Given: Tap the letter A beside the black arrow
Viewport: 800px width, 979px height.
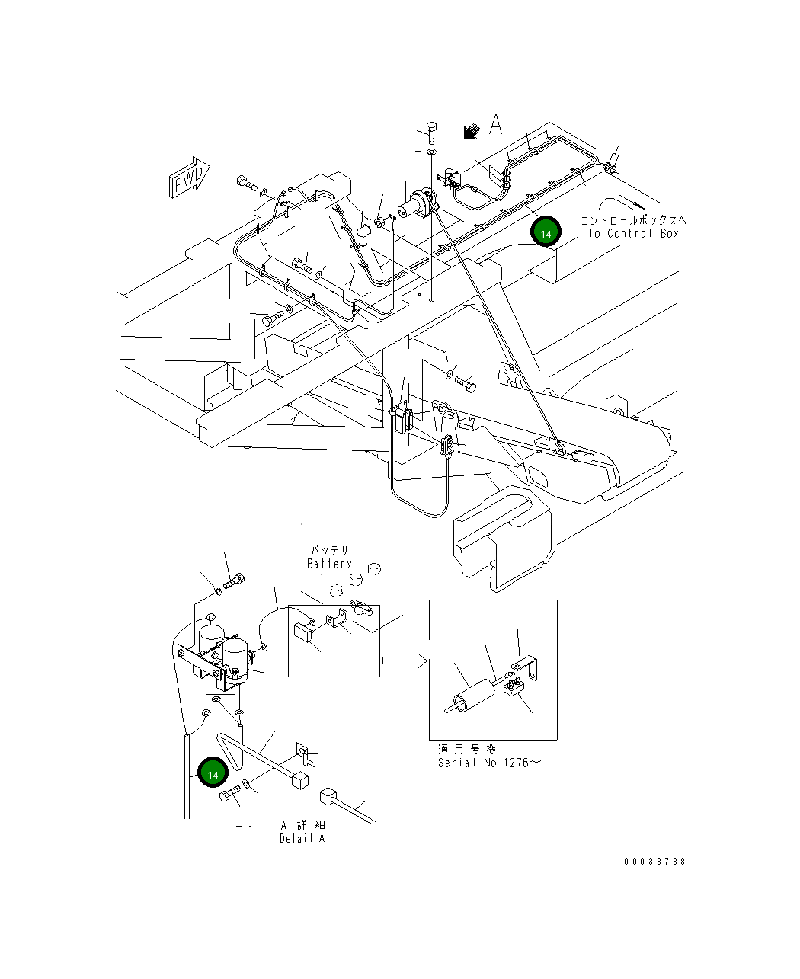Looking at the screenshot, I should click(x=496, y=125).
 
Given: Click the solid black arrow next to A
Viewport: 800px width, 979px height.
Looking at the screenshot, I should click(x=472, y=132).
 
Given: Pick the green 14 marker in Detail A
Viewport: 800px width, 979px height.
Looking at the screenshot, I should click(x=213, y=773).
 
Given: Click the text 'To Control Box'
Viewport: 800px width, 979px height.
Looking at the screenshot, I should click(x=632, y=234).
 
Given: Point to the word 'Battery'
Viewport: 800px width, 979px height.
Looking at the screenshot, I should click(x=329, y=564).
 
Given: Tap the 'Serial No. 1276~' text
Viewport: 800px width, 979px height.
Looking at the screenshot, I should click(x=488, y=763).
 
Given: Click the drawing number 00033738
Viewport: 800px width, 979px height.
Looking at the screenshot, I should click(x=654, y=862).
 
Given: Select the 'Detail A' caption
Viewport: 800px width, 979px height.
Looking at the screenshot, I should click(x=302, y=838).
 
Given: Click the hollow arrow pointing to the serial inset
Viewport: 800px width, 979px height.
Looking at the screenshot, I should click(x=404, y=661).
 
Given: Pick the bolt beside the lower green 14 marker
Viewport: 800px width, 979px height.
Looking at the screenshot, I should click(x=230, y=795).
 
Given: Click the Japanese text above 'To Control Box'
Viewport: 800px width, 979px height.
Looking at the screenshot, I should click(x=634, y=220).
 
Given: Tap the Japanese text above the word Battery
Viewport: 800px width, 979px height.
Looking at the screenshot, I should click(x=329, y=550).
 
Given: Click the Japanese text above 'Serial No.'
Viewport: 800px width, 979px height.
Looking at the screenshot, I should click(x=467, y=750).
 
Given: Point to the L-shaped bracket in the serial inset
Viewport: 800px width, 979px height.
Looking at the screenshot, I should click(x=530, y=668).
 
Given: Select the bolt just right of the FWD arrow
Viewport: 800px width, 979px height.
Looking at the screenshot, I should click(x=248, y=183).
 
